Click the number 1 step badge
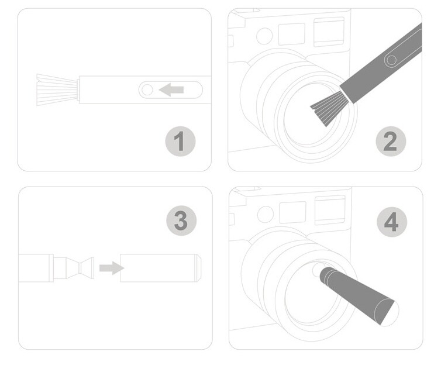click(x=180, y=142)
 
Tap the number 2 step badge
click(x=391, y=142)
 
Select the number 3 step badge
click(x=181, y=220)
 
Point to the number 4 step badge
click(x=392, y=222)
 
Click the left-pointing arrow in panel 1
click(x=171, y=89)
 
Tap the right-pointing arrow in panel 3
click(x=112, y=268)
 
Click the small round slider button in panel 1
click(x=147, y=89)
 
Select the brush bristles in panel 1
click(x=57, y=90)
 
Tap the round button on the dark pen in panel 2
click(x=391, y=60)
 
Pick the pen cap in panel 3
click(x=160, y=268)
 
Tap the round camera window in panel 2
click(x=264, y=36)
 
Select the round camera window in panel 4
click(x=266, y=214)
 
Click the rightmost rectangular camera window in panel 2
click(x=329, y=32)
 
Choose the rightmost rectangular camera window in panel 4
click(x=330, y=210)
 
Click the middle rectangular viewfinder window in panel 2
click(x=292, y=35)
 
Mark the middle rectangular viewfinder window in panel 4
click(x=293, y=212)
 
